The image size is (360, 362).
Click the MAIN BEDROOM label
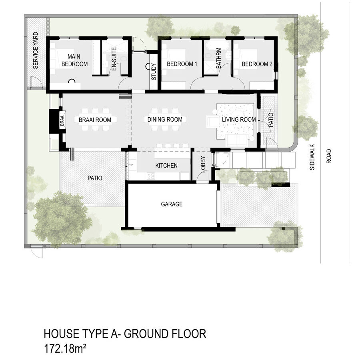[x=74, y=60]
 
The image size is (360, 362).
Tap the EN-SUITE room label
[x=114, y=59]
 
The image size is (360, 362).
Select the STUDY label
[x=154, y=72]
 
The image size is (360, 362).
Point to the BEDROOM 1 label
[x=182, y=64]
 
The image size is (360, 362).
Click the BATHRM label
[x=218, y=58]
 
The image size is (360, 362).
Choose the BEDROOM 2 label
[x=257, y=64]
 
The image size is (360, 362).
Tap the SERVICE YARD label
[x=35, y=50]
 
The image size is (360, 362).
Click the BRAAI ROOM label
[x=95, y=120]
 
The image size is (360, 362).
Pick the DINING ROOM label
[x=165, y=119]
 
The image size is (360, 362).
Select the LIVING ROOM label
[x=239, y=119]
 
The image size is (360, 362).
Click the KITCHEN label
[x=166, y=166]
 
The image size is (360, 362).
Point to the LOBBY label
[x=203, y=164]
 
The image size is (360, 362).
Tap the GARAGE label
[x=172, y=204]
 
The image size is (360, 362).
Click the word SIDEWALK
[x=312, y=157]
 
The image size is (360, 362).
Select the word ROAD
[x=329, y=156]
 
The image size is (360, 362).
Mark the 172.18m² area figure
[x=65, y=349]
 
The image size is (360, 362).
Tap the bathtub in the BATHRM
[x=217, y=45]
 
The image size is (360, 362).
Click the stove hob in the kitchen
[x=151, y=176]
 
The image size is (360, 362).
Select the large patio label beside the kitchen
[x=95, y=178]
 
